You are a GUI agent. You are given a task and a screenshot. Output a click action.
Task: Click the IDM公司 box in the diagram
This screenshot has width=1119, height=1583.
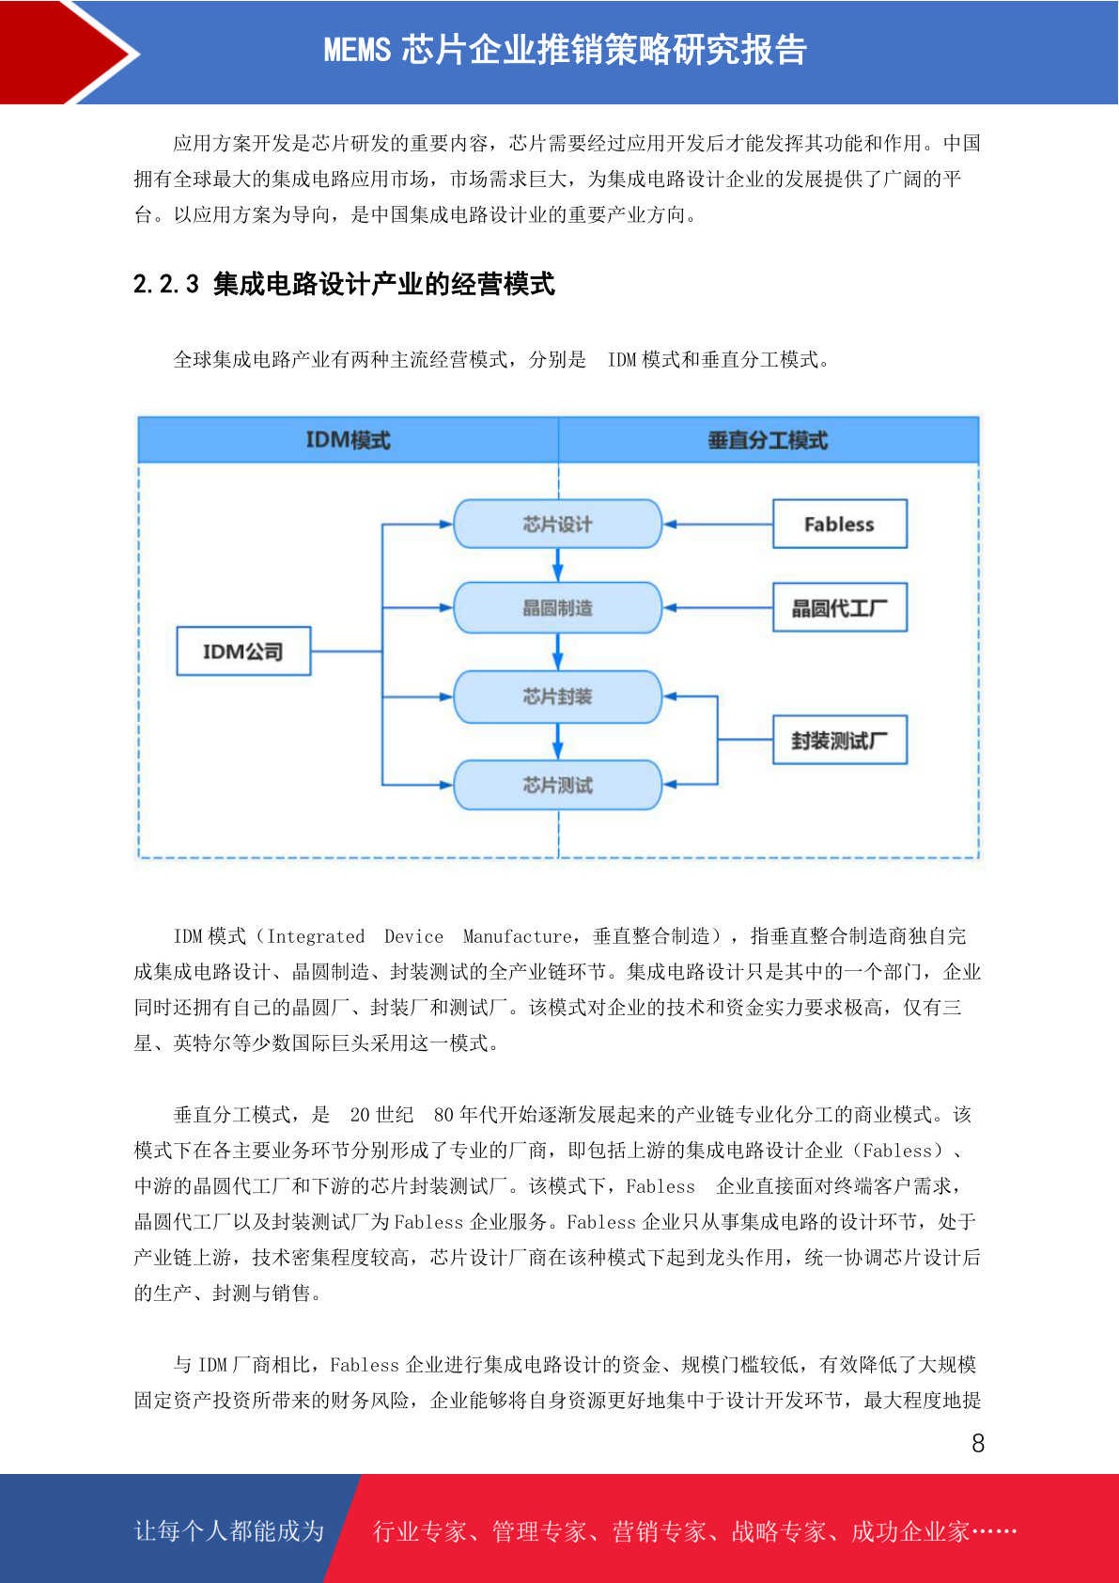pyautogui.click(x=243, y=650)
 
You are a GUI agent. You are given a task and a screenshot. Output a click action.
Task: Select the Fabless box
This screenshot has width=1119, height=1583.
pyautogui.click(x=839, y=524)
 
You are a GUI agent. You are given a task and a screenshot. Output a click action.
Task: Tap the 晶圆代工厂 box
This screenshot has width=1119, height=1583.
pyautogui.click(x=839, y=607)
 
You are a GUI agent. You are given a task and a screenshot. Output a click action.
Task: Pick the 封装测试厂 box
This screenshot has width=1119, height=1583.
pyautogui.click(x=839, y=740)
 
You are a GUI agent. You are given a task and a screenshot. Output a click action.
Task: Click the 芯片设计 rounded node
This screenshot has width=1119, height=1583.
pyautogui.click(x=557, y=524)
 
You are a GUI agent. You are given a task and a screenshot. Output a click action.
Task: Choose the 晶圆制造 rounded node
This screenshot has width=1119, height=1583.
pyautogui.click(x=557, y=607)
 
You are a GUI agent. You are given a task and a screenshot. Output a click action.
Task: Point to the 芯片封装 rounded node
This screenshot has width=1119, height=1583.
pyautogui.click(x=557, y=697)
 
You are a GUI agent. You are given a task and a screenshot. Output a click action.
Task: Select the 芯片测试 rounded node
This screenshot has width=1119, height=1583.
pyautogui.click(x=557, y=784)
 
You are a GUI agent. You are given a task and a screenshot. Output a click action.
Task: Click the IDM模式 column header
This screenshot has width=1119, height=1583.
pyautogui.click(x=349, y=440)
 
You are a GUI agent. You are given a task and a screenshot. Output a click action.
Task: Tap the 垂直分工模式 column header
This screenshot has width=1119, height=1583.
pyautogui.click(x=769, y=440)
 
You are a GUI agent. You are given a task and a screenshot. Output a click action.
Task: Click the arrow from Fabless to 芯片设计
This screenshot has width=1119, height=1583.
pyautogui.click(x=718, y=525)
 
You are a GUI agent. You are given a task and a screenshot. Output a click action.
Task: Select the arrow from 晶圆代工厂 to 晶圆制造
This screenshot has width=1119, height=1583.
pyautogui.click(x=718, y=608)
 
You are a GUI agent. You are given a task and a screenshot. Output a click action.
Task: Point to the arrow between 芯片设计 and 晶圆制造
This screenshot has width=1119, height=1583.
pyautogui.click(x=557, y=565)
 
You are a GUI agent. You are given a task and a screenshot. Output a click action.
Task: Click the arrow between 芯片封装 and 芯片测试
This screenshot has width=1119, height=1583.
pyautogui.click(x=557, y=742)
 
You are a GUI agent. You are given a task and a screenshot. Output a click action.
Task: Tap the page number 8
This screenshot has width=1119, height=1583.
pyautogui.click(x=978, y=1443)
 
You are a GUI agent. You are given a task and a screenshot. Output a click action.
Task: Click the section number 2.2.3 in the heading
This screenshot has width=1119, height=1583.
pyautogui.click(x=166, y=284)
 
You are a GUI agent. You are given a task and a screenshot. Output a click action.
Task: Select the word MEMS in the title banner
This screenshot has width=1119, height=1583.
pyautogui.click(x=357, y=50)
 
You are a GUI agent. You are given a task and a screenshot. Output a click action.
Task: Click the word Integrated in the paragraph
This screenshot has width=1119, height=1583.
pyautogui.click(x=315, y=936)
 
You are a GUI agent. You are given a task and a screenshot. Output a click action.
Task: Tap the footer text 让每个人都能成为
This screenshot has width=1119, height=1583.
pyautogui.click(x=229, y=1530)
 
